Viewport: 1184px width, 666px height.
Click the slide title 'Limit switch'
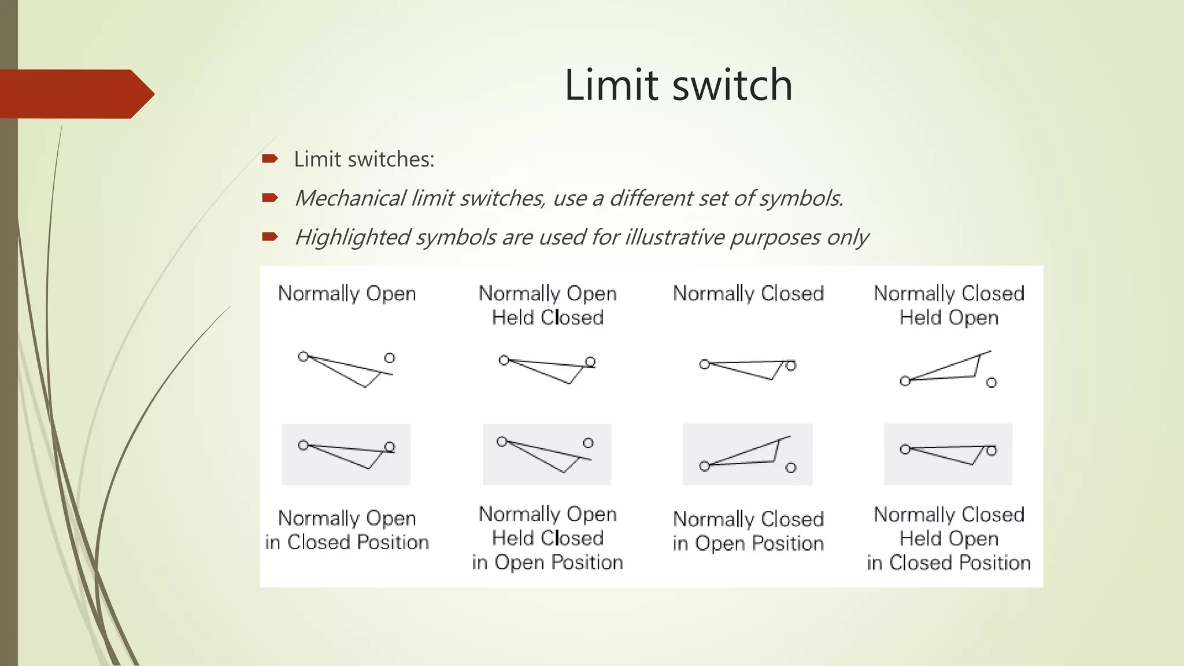678,85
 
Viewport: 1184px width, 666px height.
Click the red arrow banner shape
75,94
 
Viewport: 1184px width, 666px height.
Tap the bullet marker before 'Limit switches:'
270,159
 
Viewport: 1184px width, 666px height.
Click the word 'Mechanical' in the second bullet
350,198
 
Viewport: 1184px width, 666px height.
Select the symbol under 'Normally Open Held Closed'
547,370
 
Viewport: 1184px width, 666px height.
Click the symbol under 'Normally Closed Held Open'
948,369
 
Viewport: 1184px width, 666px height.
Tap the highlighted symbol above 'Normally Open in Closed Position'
346,454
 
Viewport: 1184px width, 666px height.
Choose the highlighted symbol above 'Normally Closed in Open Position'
748,454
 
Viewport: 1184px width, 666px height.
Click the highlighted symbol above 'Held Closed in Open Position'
547,454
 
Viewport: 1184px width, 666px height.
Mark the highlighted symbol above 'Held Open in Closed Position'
948,454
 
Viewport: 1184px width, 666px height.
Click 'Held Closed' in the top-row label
547,317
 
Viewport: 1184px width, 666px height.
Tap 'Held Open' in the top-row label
949,317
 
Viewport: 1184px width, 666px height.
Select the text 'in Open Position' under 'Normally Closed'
748,543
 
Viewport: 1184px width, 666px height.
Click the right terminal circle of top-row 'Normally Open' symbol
390,358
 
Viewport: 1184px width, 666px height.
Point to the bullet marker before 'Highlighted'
270,236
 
